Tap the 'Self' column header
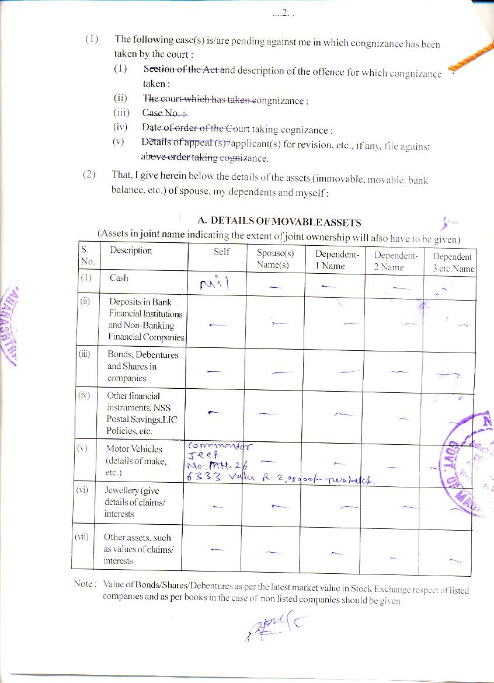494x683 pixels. coord(221,252)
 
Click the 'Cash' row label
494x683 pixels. coord(119,278)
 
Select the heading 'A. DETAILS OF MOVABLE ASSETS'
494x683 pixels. coord(279,222)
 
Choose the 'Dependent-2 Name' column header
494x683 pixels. coord(396,261)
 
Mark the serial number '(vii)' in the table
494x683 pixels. coord(81,536)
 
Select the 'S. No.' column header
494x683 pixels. coord(86,256)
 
